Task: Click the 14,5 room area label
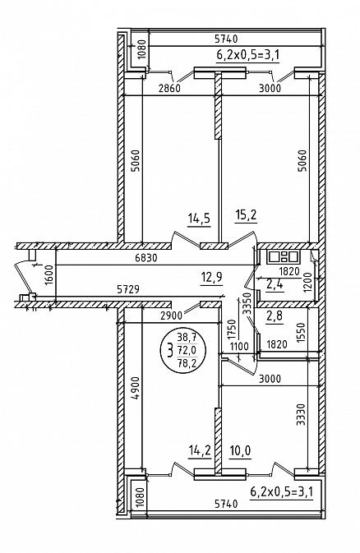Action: (199, 219)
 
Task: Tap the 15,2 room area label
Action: (246, 215)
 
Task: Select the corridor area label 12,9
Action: (211, 277)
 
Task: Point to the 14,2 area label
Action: (200, 450)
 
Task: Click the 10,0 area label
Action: (240, 450)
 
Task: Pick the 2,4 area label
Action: (275, 284)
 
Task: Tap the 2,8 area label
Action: (275, 316)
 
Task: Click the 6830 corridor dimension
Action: (145, 258)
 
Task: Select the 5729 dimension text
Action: (128, 289)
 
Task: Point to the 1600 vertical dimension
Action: (48, 275)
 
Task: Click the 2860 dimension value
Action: (169, 88)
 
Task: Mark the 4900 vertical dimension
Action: (136, 389)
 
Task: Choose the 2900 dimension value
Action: (171, 316)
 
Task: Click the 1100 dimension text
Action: (239, 346)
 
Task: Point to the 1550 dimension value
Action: (301, 333)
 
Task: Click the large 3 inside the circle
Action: (170, 351)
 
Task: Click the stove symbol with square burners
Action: (283, 256)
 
